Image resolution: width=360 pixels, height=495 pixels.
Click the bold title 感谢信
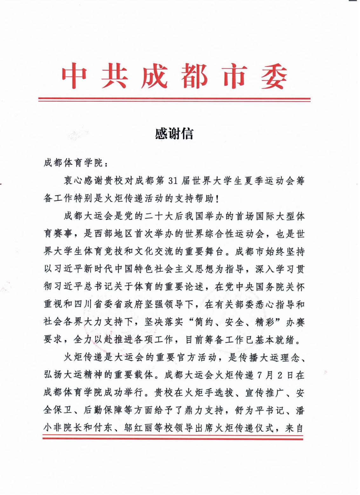174,134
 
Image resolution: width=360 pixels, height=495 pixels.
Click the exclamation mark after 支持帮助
217,199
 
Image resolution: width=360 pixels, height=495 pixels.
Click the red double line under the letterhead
174,100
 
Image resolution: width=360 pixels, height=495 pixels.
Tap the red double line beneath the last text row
173,438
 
